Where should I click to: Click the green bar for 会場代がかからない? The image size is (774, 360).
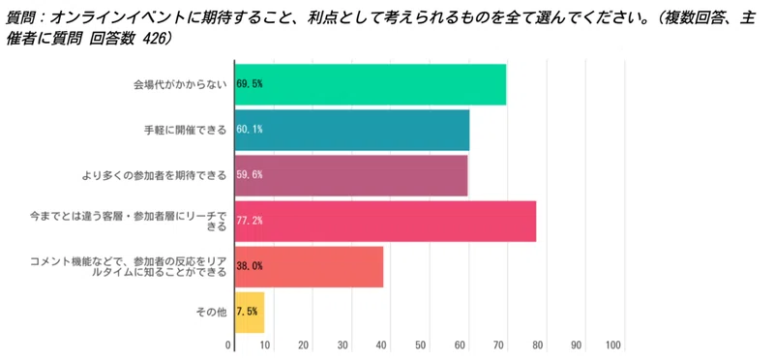pos(387,84)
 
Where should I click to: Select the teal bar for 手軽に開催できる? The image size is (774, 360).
pos(368,130)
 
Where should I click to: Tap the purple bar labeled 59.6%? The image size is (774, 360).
pos(368,175)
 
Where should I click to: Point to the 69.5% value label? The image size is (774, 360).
pos(250,84)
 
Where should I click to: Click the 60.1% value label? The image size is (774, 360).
pos(250,130)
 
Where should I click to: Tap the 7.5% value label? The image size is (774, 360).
pos(248,312)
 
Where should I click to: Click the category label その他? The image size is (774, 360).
pos(212,312)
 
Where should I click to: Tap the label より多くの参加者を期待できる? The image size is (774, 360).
pos(155,175)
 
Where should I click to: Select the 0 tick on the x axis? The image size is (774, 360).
pos(229,345)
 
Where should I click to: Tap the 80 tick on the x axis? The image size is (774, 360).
pos(537,345)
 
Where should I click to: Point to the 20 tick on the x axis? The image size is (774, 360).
pos(304,345)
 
